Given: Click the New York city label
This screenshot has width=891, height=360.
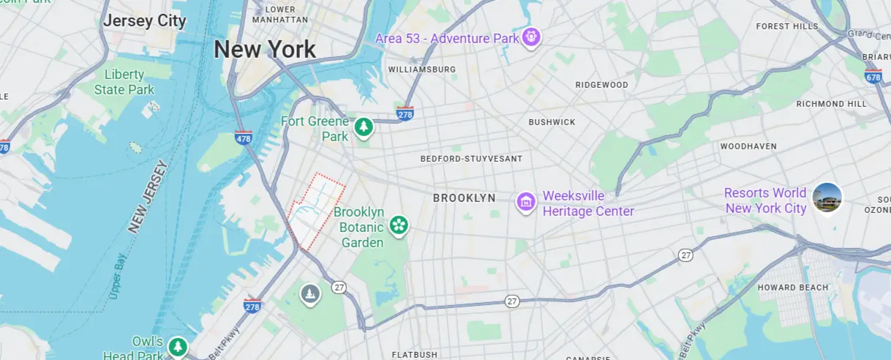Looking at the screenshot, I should point(265,50).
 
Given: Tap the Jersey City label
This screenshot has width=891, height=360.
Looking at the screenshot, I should point(144,20).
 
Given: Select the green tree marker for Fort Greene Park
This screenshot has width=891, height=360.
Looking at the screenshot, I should point(364,128).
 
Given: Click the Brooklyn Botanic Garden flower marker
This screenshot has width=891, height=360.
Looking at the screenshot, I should point(399,225).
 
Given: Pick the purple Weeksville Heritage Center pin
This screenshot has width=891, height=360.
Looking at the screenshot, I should point(525,201).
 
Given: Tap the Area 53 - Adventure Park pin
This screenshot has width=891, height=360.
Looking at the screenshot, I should point(530,36).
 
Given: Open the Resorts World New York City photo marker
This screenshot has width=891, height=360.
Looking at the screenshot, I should point(827,198).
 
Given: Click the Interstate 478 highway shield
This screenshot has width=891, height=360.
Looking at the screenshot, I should point(244,137).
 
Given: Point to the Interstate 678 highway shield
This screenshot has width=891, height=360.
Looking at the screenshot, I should point(873,75).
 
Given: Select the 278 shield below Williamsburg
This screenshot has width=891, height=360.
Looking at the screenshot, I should point(405,113).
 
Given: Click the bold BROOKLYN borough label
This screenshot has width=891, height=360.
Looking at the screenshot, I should point(464,198).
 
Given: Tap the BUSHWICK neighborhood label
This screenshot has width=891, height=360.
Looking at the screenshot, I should point(552,122).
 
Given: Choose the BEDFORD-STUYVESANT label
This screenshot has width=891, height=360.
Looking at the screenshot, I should point(471,159).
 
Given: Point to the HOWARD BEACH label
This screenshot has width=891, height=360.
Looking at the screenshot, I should point(793,288).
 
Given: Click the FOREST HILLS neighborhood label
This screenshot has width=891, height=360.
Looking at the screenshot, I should point(787,26).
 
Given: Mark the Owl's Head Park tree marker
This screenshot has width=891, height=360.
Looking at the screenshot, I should point(177,346).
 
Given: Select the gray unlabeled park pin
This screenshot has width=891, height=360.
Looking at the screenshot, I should point(311,294).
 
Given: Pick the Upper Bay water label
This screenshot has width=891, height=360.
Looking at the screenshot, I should point(119,277).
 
